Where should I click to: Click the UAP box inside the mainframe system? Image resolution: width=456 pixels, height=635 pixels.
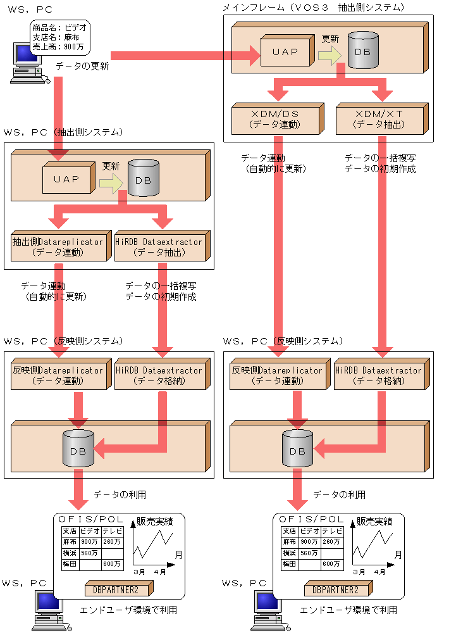click(x=285, y=52)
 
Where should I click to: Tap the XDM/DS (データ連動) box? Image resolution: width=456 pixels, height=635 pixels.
click(x=275, y=118)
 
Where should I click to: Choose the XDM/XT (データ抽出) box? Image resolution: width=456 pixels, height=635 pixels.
click(x=378, y=118)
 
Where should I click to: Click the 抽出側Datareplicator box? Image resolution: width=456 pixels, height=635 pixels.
click(x=57, y=246)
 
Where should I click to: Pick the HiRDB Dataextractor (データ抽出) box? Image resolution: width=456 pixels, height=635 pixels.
click(x=159, y=246)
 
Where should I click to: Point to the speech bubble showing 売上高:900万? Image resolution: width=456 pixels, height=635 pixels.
click(x=59, y=37)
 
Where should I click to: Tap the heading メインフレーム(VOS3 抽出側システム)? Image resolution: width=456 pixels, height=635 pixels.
click(x=313, y=7)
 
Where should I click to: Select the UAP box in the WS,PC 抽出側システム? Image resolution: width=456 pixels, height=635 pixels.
click(x=66, y=179)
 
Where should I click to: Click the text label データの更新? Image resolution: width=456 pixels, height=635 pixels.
click(x=82, y=65)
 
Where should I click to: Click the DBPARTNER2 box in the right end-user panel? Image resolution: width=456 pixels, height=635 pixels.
click(x=335, y=589)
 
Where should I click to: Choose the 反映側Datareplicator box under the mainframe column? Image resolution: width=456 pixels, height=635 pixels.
click(x=277, y=375)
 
